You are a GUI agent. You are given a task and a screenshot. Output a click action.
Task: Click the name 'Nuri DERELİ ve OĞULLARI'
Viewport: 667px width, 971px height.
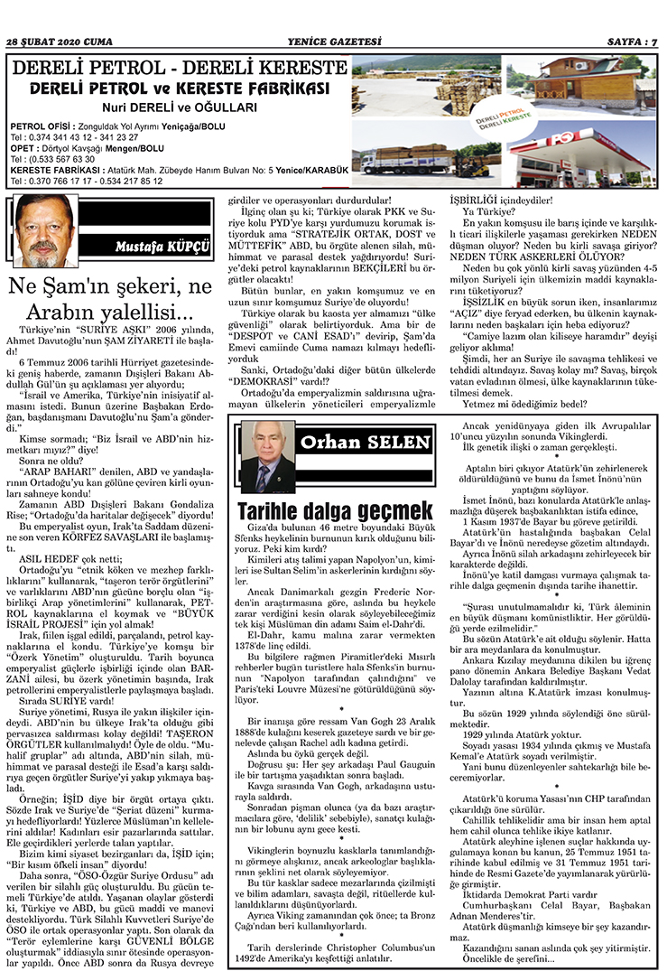pos(178,106)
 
